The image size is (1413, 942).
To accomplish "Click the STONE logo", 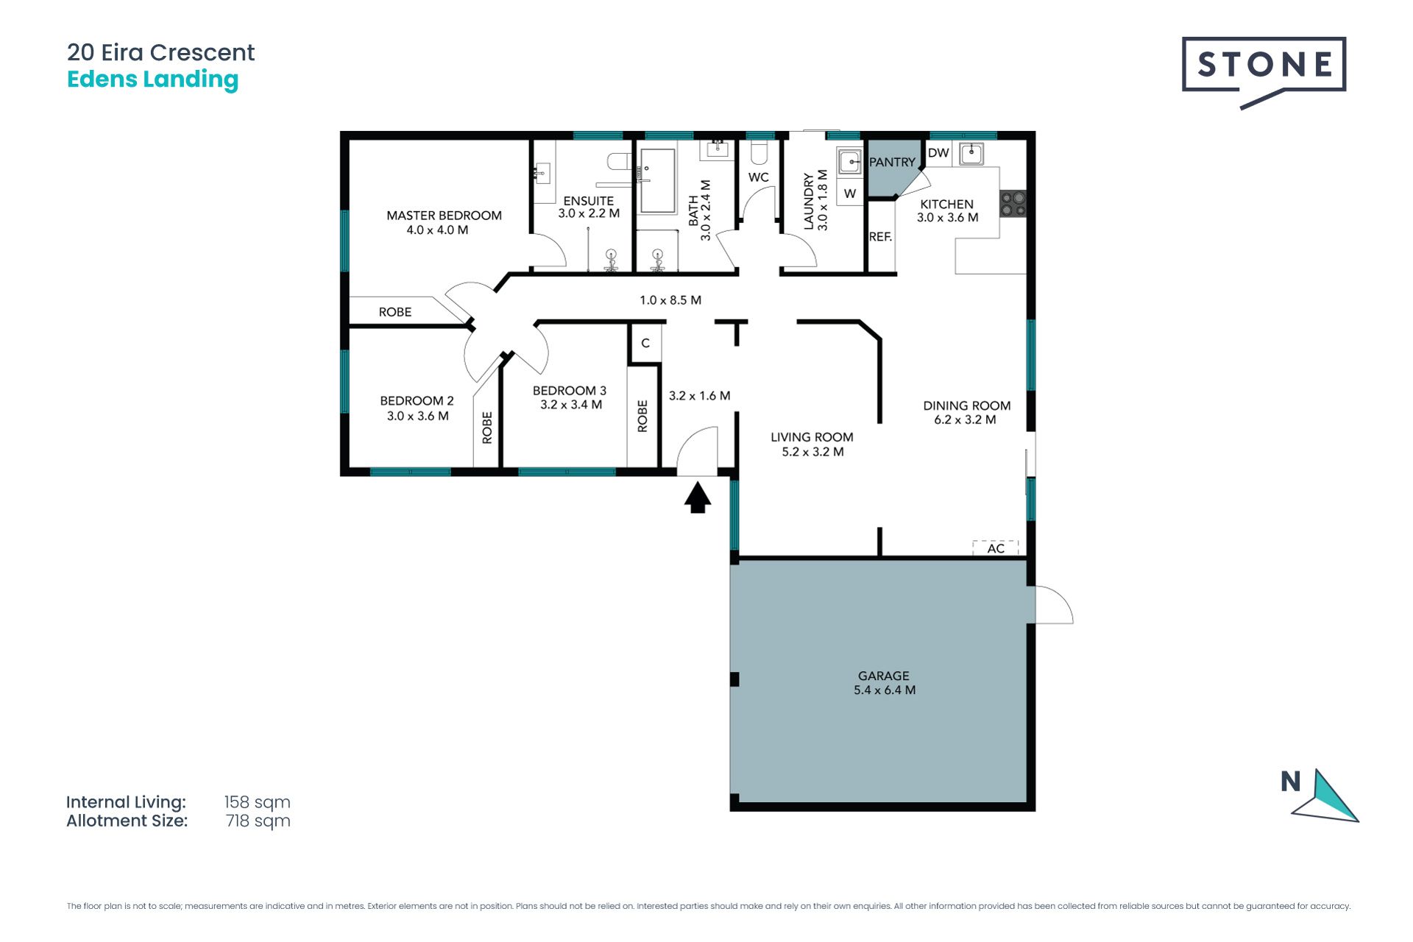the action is (1264, 72).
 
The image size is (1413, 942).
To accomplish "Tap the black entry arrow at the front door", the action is (698, 496).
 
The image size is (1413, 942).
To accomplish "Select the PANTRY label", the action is (892, 162).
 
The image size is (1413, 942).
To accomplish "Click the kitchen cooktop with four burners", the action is (1013, 204).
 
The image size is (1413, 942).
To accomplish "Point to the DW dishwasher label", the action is (938, 153).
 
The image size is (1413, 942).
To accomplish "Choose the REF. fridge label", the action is (880, 237).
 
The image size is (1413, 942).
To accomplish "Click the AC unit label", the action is (996, 548).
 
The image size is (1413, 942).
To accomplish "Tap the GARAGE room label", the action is (884, 676).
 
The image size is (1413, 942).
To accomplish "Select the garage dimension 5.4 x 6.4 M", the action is (885, 690).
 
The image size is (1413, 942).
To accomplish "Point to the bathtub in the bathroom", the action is (656, 181).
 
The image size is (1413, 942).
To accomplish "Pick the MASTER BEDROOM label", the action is (444, 216).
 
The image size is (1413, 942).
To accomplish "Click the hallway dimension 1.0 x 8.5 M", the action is (670, 300).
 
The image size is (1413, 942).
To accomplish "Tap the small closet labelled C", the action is (645, 343).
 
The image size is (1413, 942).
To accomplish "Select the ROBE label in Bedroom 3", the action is (642, 416).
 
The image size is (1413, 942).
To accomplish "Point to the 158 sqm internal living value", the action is (257, 802).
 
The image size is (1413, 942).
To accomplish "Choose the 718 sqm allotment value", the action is (258, 821).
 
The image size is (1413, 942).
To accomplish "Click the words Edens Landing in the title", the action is (152, 79).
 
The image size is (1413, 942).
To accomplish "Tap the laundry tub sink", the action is (850, 161).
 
